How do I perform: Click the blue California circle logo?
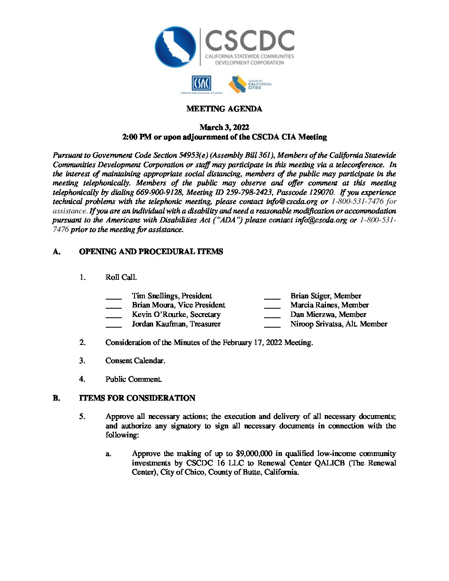(175, 47)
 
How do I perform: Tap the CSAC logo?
(201, 84)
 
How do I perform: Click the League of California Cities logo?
(249, 84)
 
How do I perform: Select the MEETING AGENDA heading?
(224, 109)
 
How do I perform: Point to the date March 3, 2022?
(224, 127)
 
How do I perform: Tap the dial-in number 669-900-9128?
(159, 192)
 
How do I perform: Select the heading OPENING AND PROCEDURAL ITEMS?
(151, 252)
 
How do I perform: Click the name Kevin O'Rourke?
(159, 314)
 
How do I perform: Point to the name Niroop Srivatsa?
(317, 324)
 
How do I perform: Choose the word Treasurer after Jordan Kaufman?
(205, 324)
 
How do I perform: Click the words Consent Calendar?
(135, 361)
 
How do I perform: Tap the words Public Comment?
(133, 379)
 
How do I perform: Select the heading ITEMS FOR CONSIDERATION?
(137, 398)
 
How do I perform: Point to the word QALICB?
(329, 463)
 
